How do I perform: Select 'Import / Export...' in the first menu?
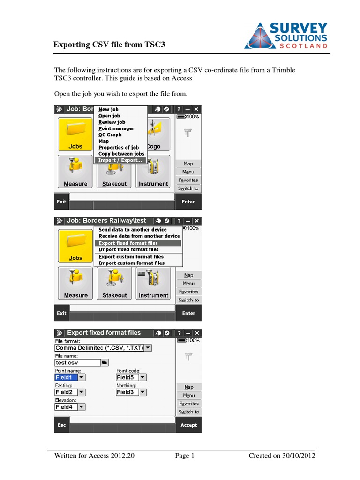120,160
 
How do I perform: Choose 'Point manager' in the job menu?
116,128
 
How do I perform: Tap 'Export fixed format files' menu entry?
128,243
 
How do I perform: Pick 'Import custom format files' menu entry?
132,263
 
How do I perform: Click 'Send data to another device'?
133,230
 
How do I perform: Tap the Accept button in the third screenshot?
188,425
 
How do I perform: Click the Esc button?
61,425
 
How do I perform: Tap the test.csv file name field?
78,362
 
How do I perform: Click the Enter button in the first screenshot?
188,202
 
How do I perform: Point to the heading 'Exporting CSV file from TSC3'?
109,45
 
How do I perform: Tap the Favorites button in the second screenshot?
188,292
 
